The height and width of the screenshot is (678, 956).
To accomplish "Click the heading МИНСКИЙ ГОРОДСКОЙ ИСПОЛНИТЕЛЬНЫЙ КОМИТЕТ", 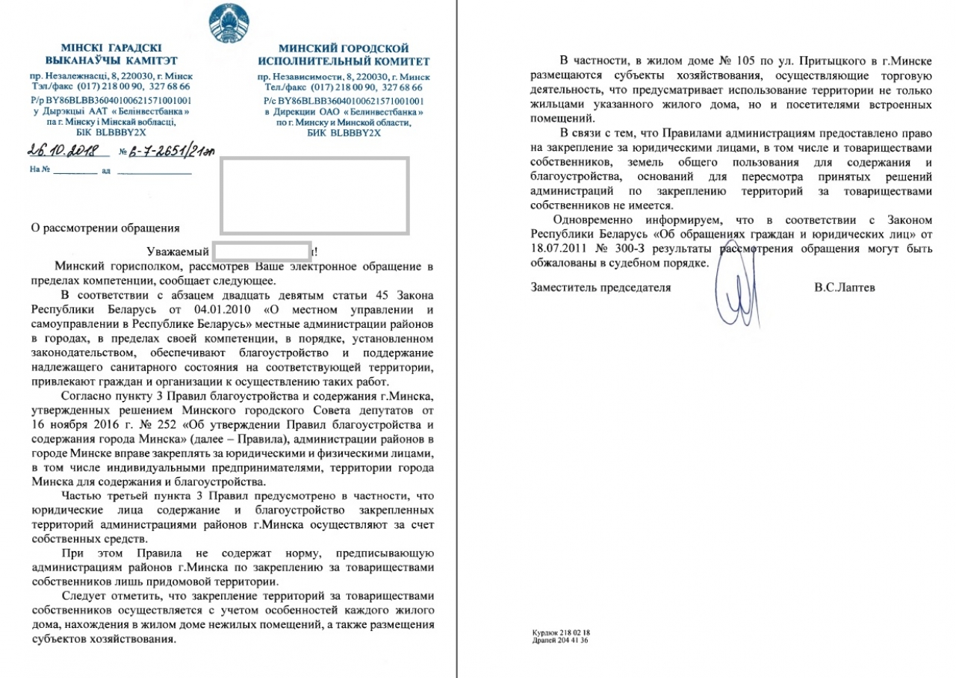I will coord(344,55).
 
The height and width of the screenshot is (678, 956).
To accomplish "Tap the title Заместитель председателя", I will coord(600,287).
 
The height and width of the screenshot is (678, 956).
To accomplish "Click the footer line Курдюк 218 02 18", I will coord(560,632).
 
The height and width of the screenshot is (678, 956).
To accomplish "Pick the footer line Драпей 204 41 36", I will coord(560,640).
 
